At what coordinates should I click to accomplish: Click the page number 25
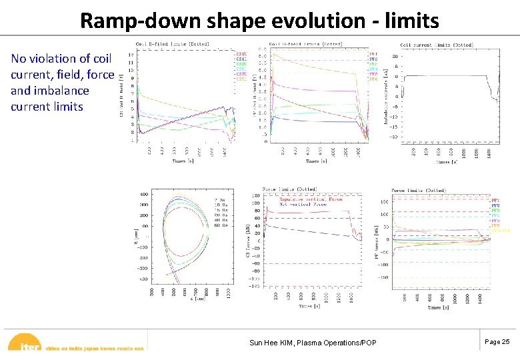[497, 341]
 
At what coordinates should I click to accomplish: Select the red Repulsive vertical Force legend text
[302, 198]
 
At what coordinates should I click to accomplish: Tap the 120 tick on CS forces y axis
[256, 195]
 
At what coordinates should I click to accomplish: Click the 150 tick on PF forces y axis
[384, 201]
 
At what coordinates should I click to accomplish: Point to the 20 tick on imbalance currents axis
[395, 57]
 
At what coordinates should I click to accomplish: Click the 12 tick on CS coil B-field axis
[132, 53]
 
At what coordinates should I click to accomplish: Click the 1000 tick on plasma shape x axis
[229, 291]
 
